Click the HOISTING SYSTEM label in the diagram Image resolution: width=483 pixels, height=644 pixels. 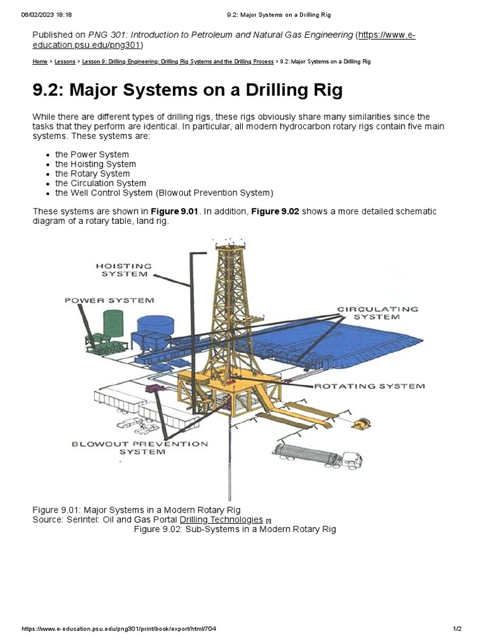click(124, 270)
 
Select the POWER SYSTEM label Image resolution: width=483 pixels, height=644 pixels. click(109, 301)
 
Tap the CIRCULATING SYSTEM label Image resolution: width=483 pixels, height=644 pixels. click(377, 313)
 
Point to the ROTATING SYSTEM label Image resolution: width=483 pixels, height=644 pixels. click(369, 386)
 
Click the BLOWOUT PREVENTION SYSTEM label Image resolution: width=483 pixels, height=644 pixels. click(139, 448)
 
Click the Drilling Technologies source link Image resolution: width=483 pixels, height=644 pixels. click(221, 519)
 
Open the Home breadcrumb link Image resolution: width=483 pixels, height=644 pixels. click(40, 62)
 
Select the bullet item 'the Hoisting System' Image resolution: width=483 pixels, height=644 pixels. click(95, 164)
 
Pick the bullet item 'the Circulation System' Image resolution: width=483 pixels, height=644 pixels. click(100, 183)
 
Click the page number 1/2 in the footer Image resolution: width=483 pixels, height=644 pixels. click(457, 629)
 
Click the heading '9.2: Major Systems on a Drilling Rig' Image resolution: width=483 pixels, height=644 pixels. click(187, 90)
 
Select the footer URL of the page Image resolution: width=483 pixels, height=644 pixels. click(119, 629)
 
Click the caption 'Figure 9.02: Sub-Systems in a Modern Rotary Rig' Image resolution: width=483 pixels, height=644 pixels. click(235, 529)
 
